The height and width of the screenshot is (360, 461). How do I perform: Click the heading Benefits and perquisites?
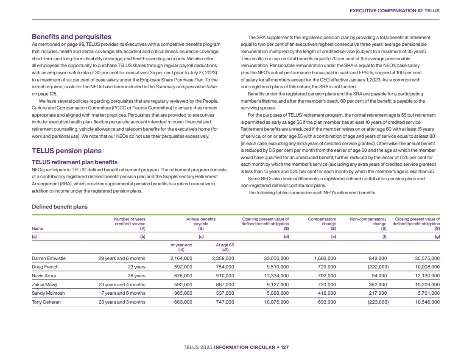(72, 37)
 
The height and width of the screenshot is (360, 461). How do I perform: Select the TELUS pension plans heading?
(67, 151)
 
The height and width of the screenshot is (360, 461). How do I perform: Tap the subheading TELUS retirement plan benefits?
(75, 162)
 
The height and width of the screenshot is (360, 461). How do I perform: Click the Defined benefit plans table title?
(59, 207)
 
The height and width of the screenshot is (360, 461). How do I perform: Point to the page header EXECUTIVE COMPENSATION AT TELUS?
(394, 11)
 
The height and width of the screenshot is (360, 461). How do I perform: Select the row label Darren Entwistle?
(49, 258)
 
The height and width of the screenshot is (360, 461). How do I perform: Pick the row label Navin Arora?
(44, 276)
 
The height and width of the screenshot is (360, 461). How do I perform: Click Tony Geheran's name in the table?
(46, 302)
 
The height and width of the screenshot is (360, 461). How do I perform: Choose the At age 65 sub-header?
(225, 247)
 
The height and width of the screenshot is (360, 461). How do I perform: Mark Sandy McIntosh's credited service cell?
(123, 293)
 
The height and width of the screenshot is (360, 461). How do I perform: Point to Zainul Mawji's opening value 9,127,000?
(275, 285)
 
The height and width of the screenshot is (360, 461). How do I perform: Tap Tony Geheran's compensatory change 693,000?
(325, 302)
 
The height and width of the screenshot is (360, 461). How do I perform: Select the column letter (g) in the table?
(437, 237)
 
